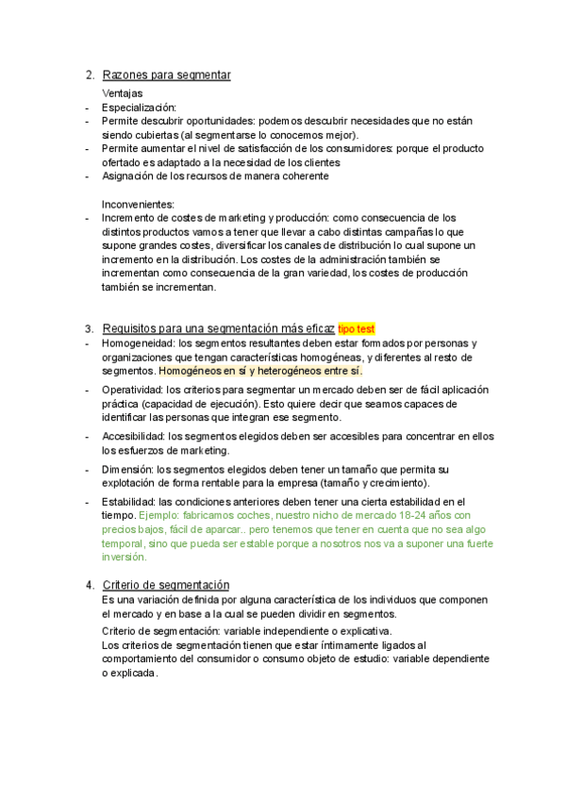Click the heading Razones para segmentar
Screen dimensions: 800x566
166,75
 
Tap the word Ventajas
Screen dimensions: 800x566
122,93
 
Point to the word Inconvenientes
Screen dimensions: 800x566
138,204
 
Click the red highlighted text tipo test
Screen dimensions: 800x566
357,329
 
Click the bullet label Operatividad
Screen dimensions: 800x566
132,389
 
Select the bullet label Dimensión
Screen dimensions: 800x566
127,469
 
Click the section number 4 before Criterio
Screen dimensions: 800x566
89,585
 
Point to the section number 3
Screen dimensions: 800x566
89,329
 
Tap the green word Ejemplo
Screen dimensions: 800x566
160,516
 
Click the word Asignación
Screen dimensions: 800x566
129,175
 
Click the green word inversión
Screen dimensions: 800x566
124,558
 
